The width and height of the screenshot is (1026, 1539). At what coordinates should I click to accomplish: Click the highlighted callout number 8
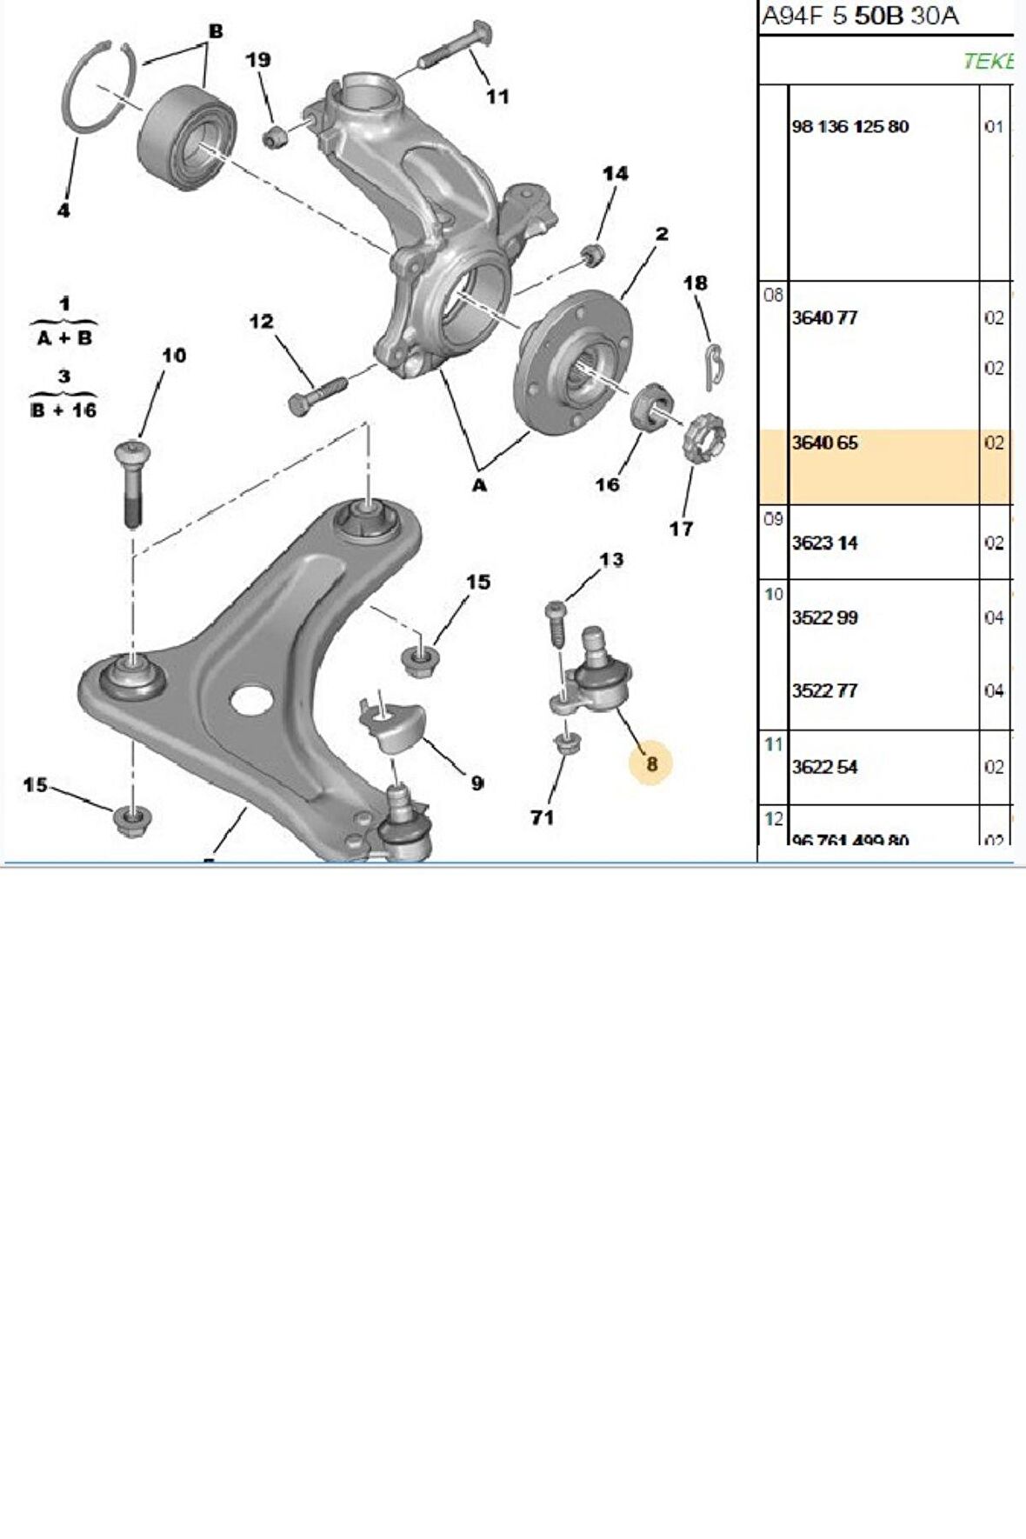click(x=651, y=763)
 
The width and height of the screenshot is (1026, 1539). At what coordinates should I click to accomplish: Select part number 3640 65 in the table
click(x=825, y=443)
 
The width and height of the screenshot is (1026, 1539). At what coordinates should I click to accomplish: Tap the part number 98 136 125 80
click(x=850, y=127)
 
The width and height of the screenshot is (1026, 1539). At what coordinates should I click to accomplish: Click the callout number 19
click(x=257, y=60)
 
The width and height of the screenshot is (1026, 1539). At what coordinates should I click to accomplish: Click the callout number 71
click(x=542, y=817)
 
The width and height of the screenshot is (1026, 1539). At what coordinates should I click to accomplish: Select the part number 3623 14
click(x=824, y=543)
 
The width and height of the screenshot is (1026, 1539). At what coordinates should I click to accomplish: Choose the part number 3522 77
click(x=824, y=691)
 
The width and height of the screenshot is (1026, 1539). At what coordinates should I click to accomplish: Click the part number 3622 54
click(x=824, y=767)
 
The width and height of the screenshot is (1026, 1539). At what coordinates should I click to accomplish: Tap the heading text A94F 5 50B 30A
click(x=860, y=16)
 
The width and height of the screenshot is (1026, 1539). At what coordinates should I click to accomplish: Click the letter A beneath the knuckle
click(x=479, y=485)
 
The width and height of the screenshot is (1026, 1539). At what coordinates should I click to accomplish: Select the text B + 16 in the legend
click(x=63, y=410)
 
